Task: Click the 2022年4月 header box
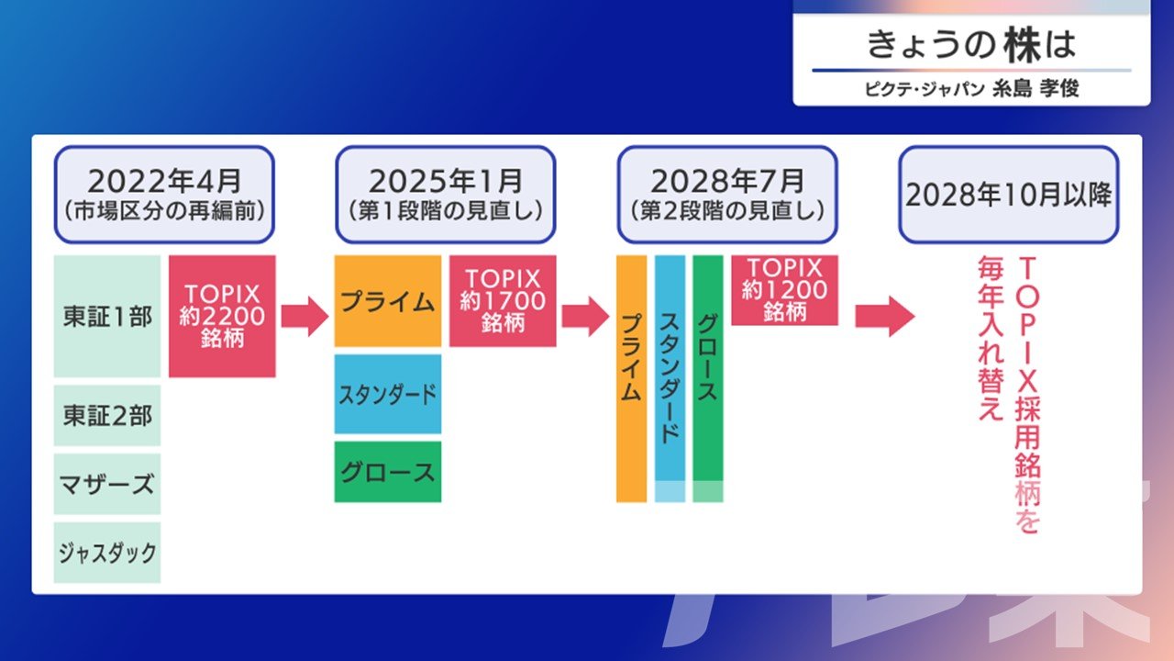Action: [164, 195]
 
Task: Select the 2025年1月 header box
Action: [446, 195]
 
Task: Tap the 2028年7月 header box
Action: [727, 195]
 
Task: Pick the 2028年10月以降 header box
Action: [1009, 195]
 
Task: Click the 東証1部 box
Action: [107, 317]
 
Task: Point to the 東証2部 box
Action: [107, 416]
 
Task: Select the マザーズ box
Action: [107, 484]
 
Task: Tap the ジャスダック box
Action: [107, 553]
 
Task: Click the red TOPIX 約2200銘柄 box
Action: [222, 317]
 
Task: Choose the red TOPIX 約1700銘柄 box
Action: [503, 301]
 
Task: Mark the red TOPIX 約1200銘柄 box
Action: [784, 290]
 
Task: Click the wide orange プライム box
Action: [388, 301]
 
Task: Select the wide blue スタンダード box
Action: [388, 394]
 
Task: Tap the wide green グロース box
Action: [388, 472]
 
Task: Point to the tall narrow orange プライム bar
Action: [632, 379]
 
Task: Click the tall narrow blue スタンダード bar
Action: [670, 379]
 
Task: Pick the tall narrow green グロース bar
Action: [708, 379]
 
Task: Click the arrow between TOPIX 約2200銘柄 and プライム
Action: [305, 317]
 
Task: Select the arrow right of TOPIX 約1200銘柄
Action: [885, 317]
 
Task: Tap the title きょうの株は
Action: [971, 45]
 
